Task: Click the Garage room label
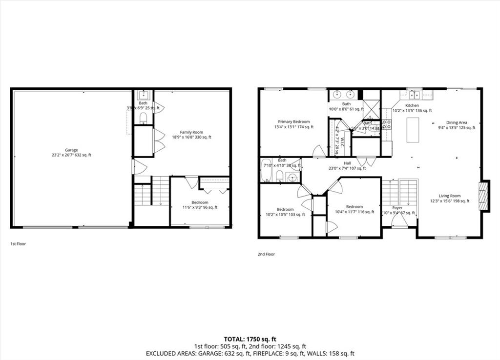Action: pyautogui.click(x=72, y=153)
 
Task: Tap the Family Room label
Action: pyautogui.click(x=191, y=135)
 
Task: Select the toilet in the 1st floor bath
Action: pyautogui.click(x=144, y=118)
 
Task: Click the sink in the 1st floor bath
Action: pyautogui.click(x=144, y=95)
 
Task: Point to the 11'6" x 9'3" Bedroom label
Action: pyautogui.click(x=200, y=205)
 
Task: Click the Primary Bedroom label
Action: pyautogui.click(x=294, y=124)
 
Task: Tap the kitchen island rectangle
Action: pyautogui.click(x=413, y=130)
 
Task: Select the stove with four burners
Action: pyautogui.click(x=386, y=124)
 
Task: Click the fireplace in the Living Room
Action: pyautogui.click(x=483, y=196)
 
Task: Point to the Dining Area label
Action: pyautogui.click(x=457, y=125)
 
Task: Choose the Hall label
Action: pyautogui.click(x=347, y=166)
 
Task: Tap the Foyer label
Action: pyautogui.click(x=397, y=210)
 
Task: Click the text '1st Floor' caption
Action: pyautogui.click(x=18, y=243)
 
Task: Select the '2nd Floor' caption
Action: pyautogui.click(x=266, y=254)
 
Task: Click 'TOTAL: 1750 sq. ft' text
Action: pyautogui.click(x=250, y=339)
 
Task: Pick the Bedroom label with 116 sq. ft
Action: pyautogui.click(x=354, y=209)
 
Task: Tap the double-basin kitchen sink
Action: pyautogui.click(x=415, y=95)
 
